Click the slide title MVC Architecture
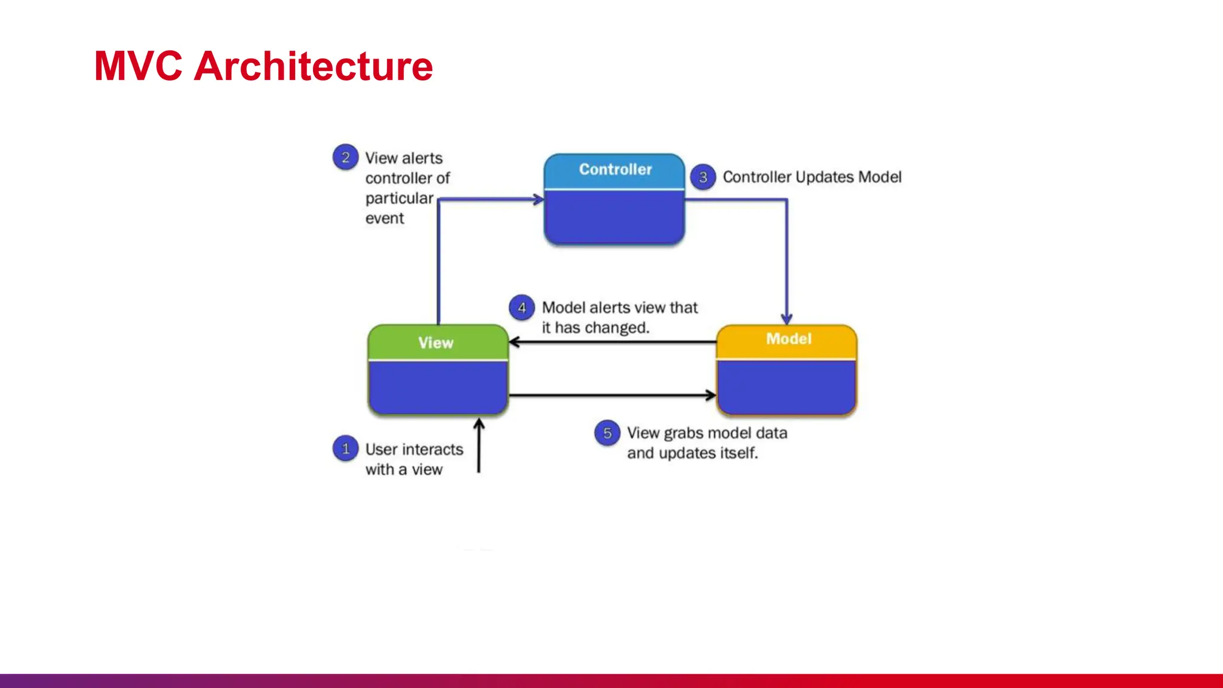263,66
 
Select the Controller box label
615,170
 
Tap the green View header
437,343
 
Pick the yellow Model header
788,339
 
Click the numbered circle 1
345,449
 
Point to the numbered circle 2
345,158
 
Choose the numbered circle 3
703,177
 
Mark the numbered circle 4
521,308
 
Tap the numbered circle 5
607,433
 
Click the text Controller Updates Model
812,177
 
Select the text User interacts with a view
413,459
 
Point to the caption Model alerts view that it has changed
619,318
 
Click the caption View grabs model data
706,434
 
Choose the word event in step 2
385,219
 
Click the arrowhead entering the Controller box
538,199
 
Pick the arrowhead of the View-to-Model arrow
710,395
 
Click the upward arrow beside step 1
479,445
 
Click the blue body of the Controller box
614,216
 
